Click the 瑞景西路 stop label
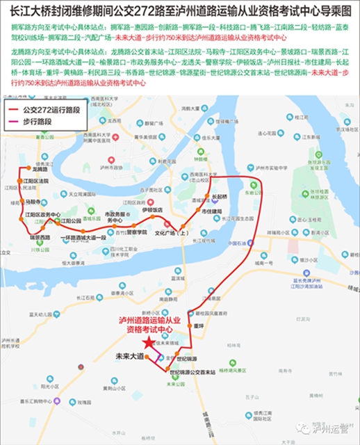pos(40,238)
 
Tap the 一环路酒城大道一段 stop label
pos(83,237)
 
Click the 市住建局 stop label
pos(211,211)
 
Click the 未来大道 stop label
pos(129,356)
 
